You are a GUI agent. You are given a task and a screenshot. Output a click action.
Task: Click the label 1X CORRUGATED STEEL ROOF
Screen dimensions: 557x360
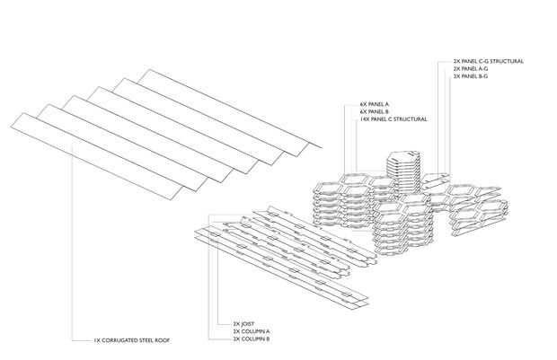pos(131,341)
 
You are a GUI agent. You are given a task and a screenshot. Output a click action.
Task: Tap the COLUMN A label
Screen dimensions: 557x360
pos(248,331)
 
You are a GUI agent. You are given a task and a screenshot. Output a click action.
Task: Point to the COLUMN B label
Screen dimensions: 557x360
pos(248,338)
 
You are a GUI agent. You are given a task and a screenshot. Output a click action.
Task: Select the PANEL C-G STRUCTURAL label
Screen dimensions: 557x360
pos(489,61)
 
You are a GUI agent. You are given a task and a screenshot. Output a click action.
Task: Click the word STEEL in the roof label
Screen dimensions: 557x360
pos(146,341)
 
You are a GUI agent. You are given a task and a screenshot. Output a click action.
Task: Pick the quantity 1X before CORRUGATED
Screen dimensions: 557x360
pos(96,341)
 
